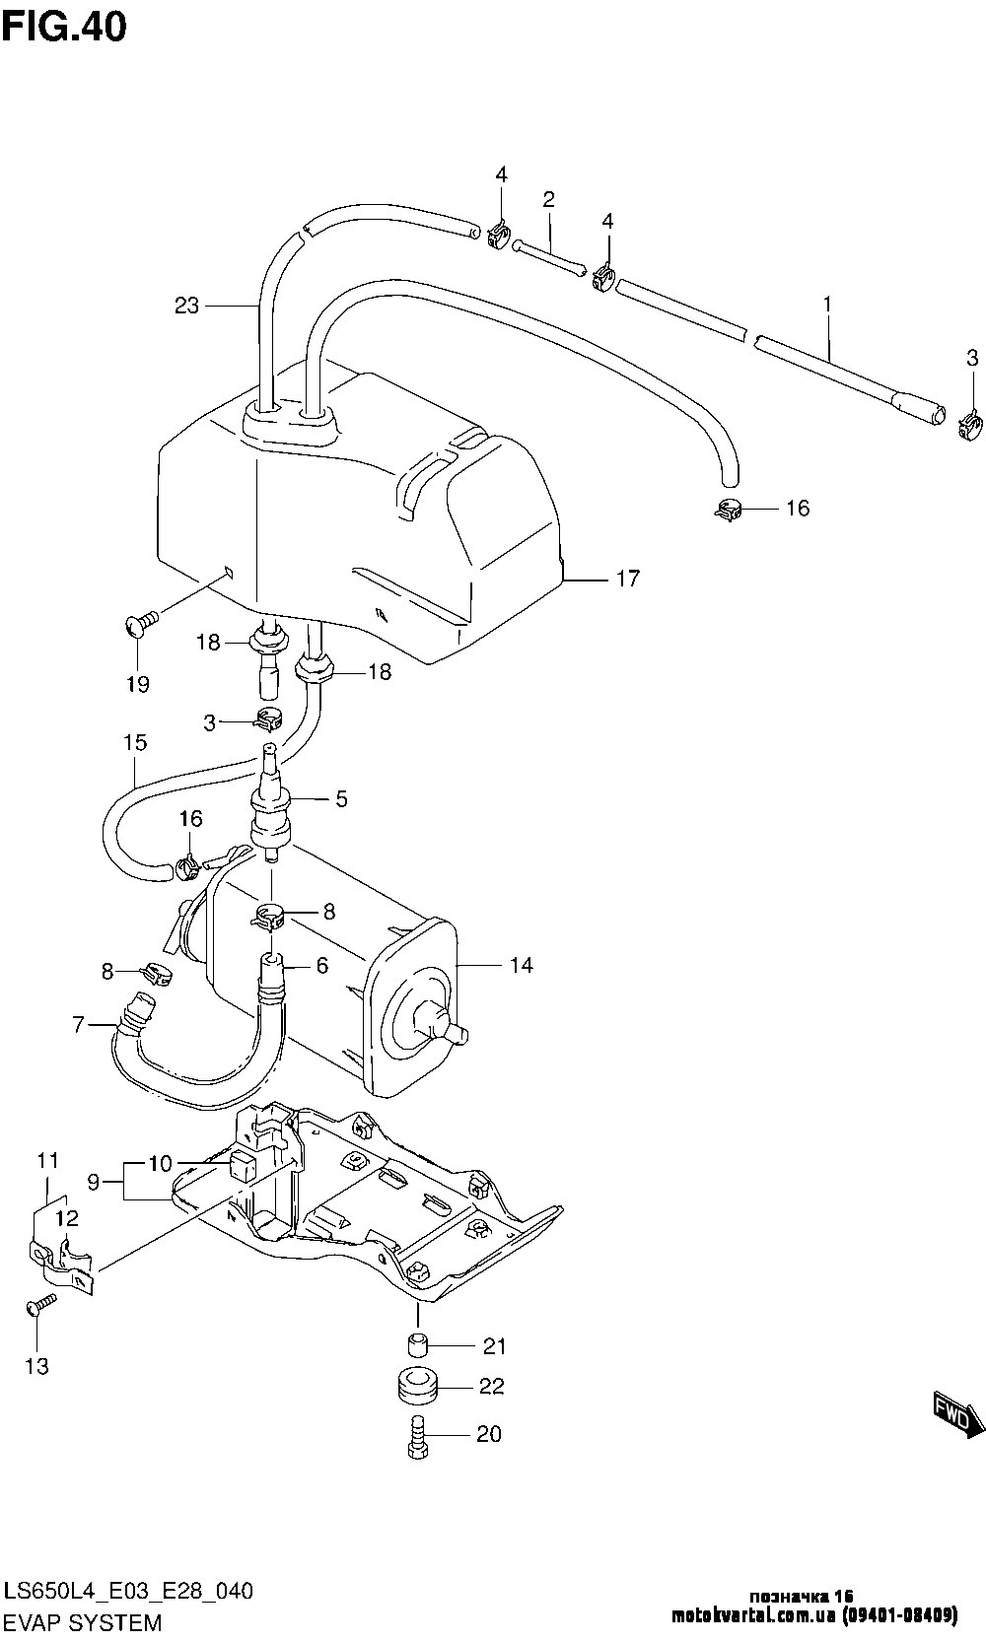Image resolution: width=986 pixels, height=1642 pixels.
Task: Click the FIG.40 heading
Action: coord(64,27)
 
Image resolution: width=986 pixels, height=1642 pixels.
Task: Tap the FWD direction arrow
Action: coord(957,1413)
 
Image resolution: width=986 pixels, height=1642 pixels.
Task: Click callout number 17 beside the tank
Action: coord(628,579)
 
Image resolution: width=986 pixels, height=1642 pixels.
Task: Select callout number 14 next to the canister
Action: coord(522,966)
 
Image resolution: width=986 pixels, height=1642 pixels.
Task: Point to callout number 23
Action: coord(186,306)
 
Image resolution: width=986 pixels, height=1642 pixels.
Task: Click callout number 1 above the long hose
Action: coord(827,306)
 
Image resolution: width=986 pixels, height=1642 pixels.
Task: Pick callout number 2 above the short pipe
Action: coord(548,200)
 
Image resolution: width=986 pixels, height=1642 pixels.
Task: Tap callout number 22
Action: coord(491,1387)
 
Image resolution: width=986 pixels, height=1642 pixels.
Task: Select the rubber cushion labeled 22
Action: coord(418,1388)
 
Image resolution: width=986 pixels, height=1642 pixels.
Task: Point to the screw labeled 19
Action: coord(141,623)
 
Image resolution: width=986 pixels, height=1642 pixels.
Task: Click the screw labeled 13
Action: coord(37,1305)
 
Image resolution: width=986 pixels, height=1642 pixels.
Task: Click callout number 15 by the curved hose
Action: coord(135,742)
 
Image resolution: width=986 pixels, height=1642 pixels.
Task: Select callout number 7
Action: coord(79,1025)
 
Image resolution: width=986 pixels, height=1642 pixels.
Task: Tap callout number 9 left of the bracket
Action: coord(94,1180)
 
